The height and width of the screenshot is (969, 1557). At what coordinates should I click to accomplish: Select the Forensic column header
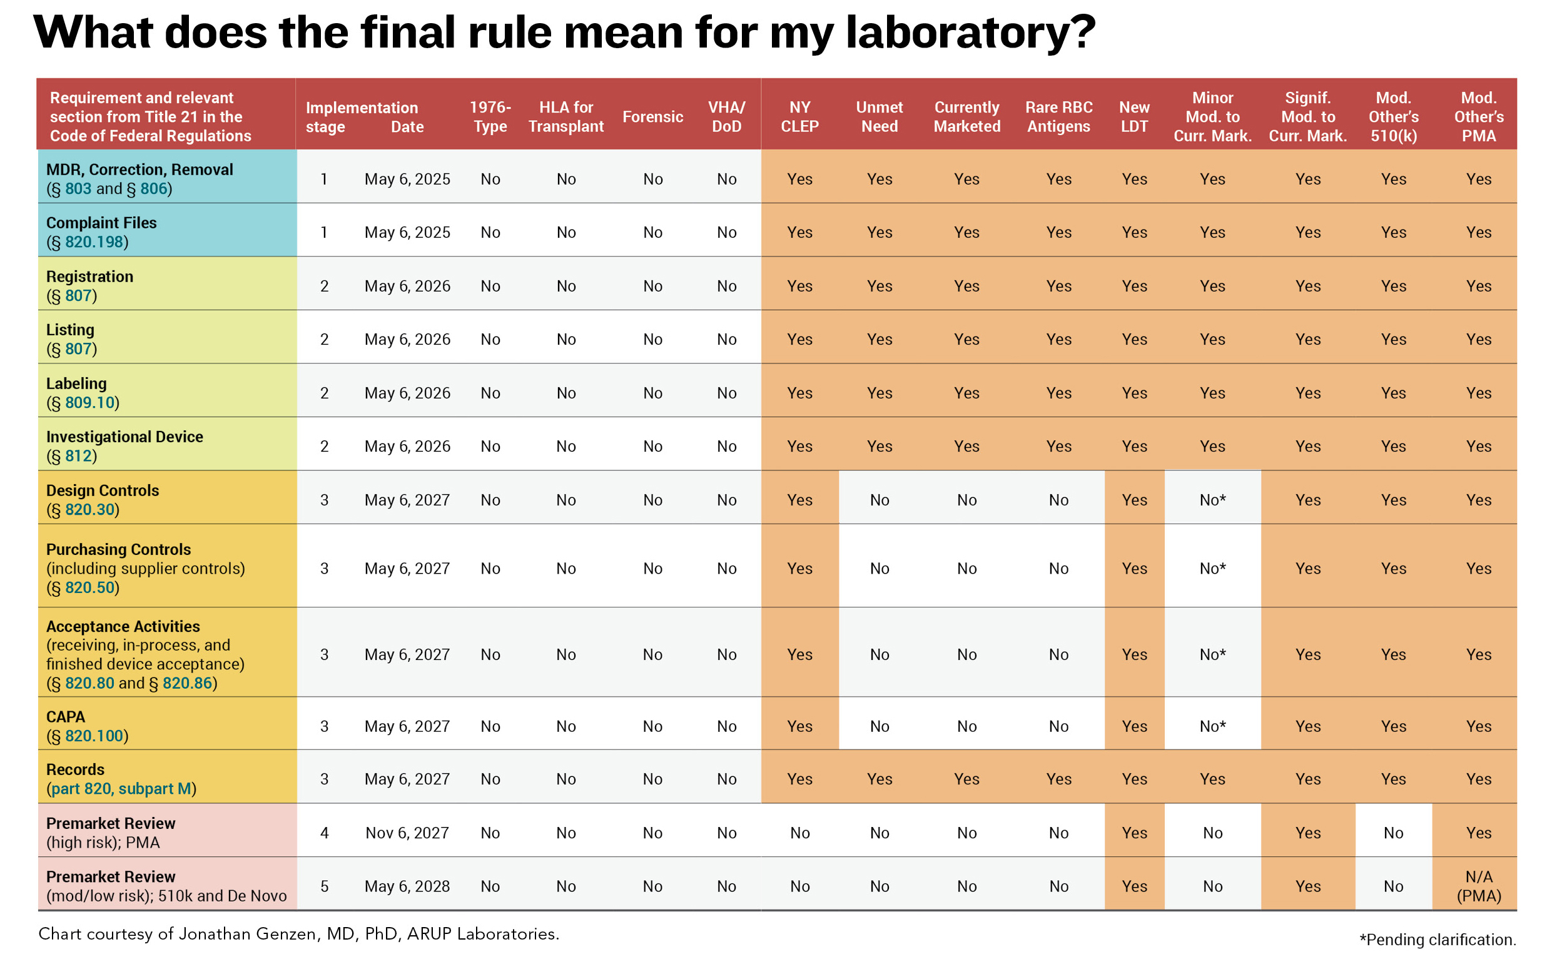(652, 116)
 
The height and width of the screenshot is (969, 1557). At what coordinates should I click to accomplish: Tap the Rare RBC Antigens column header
(1058, 116)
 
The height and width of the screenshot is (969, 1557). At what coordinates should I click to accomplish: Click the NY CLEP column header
(799, 116)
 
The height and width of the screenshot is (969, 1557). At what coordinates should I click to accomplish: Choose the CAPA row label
(65, 716)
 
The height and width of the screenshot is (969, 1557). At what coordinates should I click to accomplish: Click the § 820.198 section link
(94, 241)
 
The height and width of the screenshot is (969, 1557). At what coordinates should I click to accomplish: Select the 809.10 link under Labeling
(89, 402)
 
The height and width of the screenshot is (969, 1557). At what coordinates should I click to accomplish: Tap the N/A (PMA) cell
(1478, 886)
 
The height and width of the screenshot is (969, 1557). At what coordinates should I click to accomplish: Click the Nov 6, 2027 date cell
(407, 833)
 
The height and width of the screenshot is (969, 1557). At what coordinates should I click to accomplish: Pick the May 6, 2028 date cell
(407, 886)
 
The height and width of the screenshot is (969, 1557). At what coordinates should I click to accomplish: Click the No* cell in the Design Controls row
(1212, 500)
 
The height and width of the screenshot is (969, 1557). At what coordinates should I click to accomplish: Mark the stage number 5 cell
(324, 886)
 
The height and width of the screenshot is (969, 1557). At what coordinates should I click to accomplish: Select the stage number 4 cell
(324, 833)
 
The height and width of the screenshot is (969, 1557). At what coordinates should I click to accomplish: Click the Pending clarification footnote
(1437, 940)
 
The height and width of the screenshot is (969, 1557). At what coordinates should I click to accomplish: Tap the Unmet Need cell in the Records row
(879, 779)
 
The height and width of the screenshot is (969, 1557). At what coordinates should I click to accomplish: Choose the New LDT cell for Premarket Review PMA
(1134, 833)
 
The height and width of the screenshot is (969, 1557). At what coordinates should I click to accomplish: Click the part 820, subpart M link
(121, 788)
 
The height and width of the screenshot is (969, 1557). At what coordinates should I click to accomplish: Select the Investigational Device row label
(124, 437)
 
